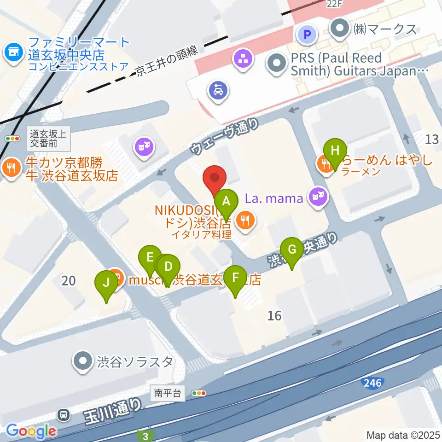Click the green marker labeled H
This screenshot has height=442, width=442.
tap(335, 150)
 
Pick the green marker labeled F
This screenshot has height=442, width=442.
tap(236, 278)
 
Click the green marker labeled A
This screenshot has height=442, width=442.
tap(226, 201)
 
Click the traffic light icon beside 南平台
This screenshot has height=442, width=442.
tap(199, 393)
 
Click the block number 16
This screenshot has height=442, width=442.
tap(274, 315)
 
